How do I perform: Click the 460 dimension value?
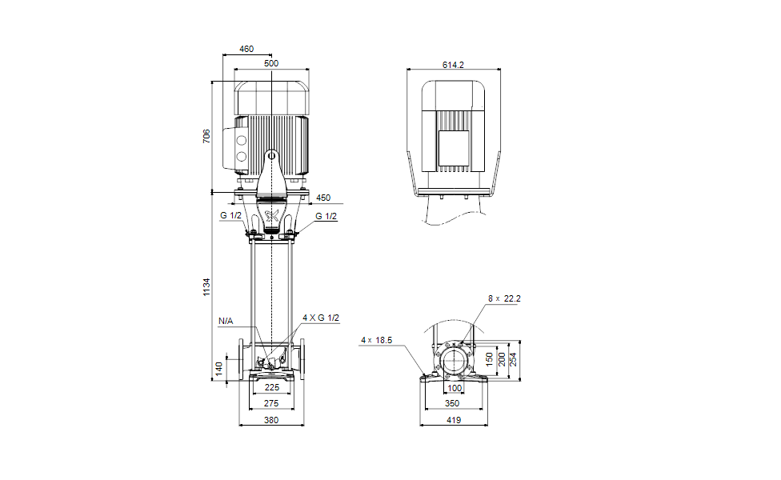[x=246, y=49]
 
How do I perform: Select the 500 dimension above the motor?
[x=271, y=63]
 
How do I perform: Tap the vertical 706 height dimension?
[x=206, y=137]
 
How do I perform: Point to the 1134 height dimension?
[x=206, y=287]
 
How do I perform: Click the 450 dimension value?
[x=323, y=198]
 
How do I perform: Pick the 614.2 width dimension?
[x=453, y=65]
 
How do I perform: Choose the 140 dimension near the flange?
[x=218, y=370]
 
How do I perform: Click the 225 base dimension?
[x=272, y=387]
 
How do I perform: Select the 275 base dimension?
[x=271, y=403]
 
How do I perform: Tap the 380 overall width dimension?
[x=271, y=420]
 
